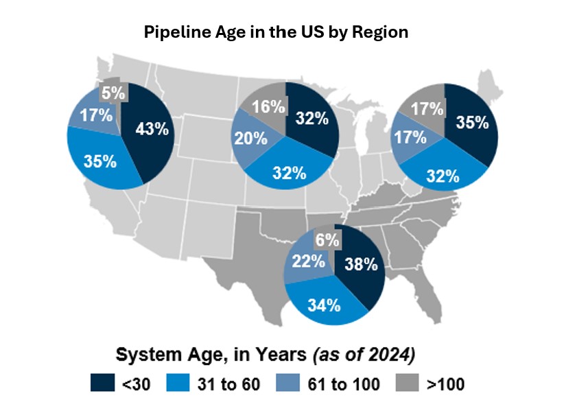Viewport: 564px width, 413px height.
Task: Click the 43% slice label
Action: point(152,129)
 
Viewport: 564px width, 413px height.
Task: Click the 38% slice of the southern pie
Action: point(361,263)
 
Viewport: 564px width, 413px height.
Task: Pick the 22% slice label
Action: point(309,261)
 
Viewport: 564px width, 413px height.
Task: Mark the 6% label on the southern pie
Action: point(325,239)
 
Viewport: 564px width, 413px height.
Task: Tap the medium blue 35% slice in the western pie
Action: point(99,162)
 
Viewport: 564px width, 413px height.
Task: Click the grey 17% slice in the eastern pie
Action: point(425,107)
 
